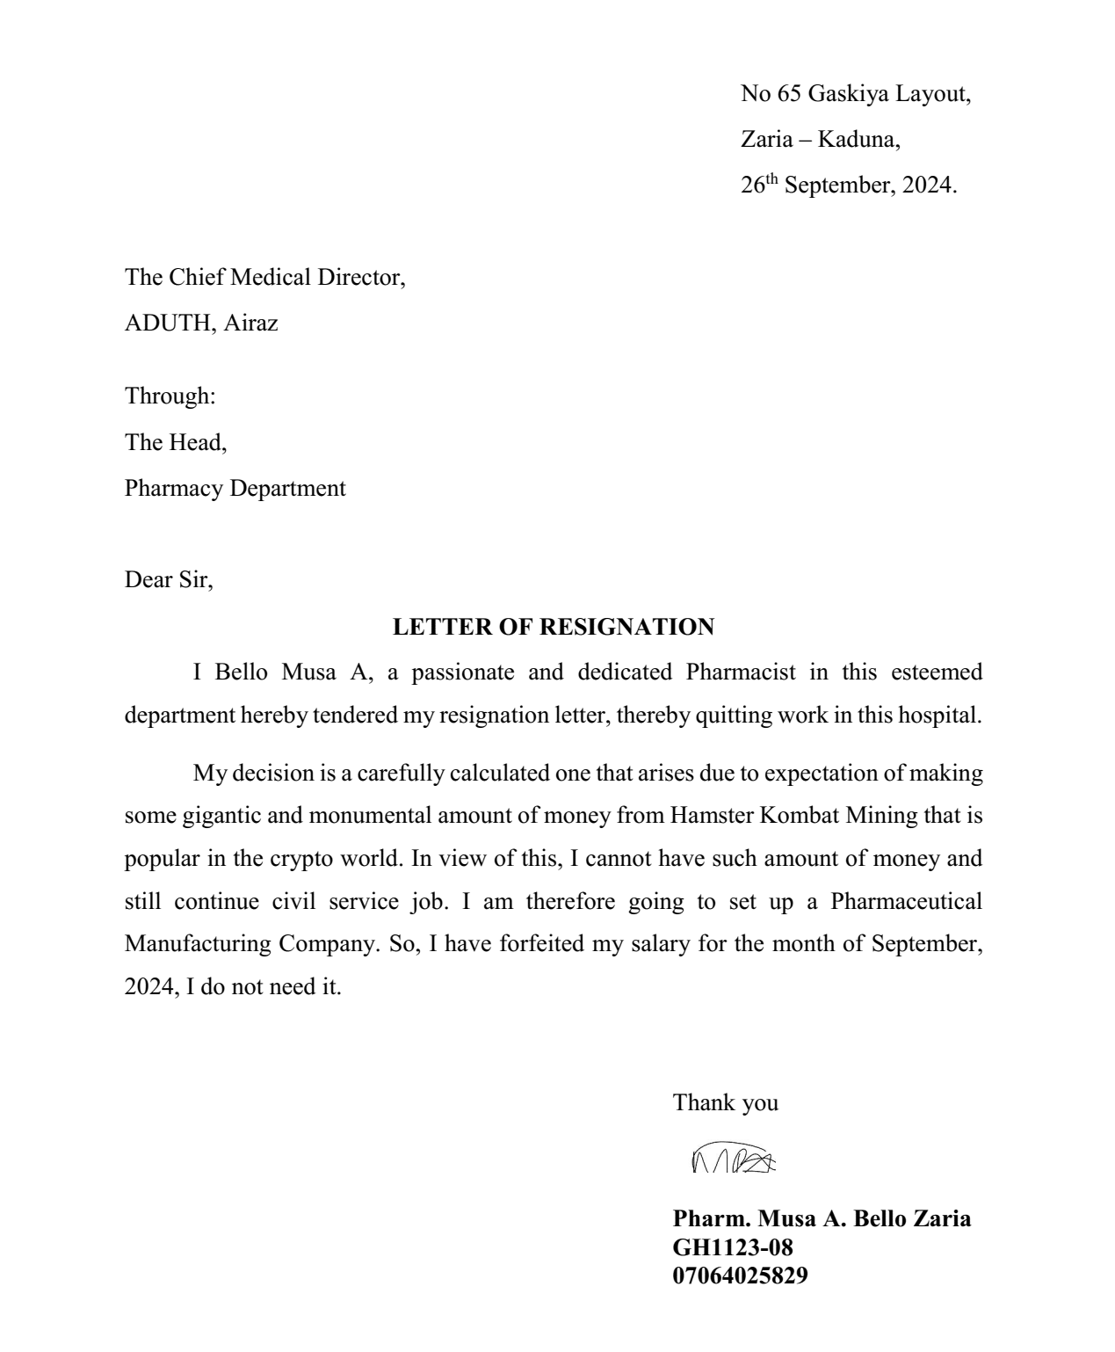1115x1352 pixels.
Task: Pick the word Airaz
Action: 250,323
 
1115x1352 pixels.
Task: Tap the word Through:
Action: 170,396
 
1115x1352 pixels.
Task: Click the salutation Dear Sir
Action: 169,579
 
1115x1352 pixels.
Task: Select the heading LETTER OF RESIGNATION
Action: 554,627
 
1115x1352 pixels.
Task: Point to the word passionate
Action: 463,672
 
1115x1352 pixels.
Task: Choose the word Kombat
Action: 800,816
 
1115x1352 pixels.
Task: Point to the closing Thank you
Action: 726,1102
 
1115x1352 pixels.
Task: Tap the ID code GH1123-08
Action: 733,1247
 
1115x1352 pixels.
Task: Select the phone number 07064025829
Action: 741,1276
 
